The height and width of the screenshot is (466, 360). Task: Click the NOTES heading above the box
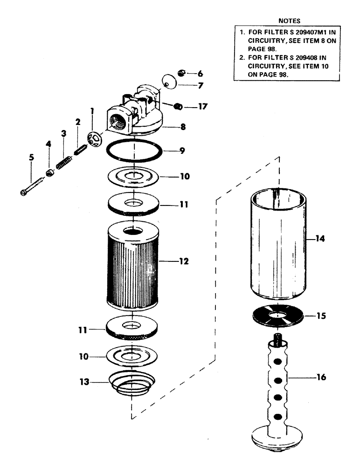pos(289,21)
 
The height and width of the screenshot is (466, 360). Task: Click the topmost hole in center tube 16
pos(278,362)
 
